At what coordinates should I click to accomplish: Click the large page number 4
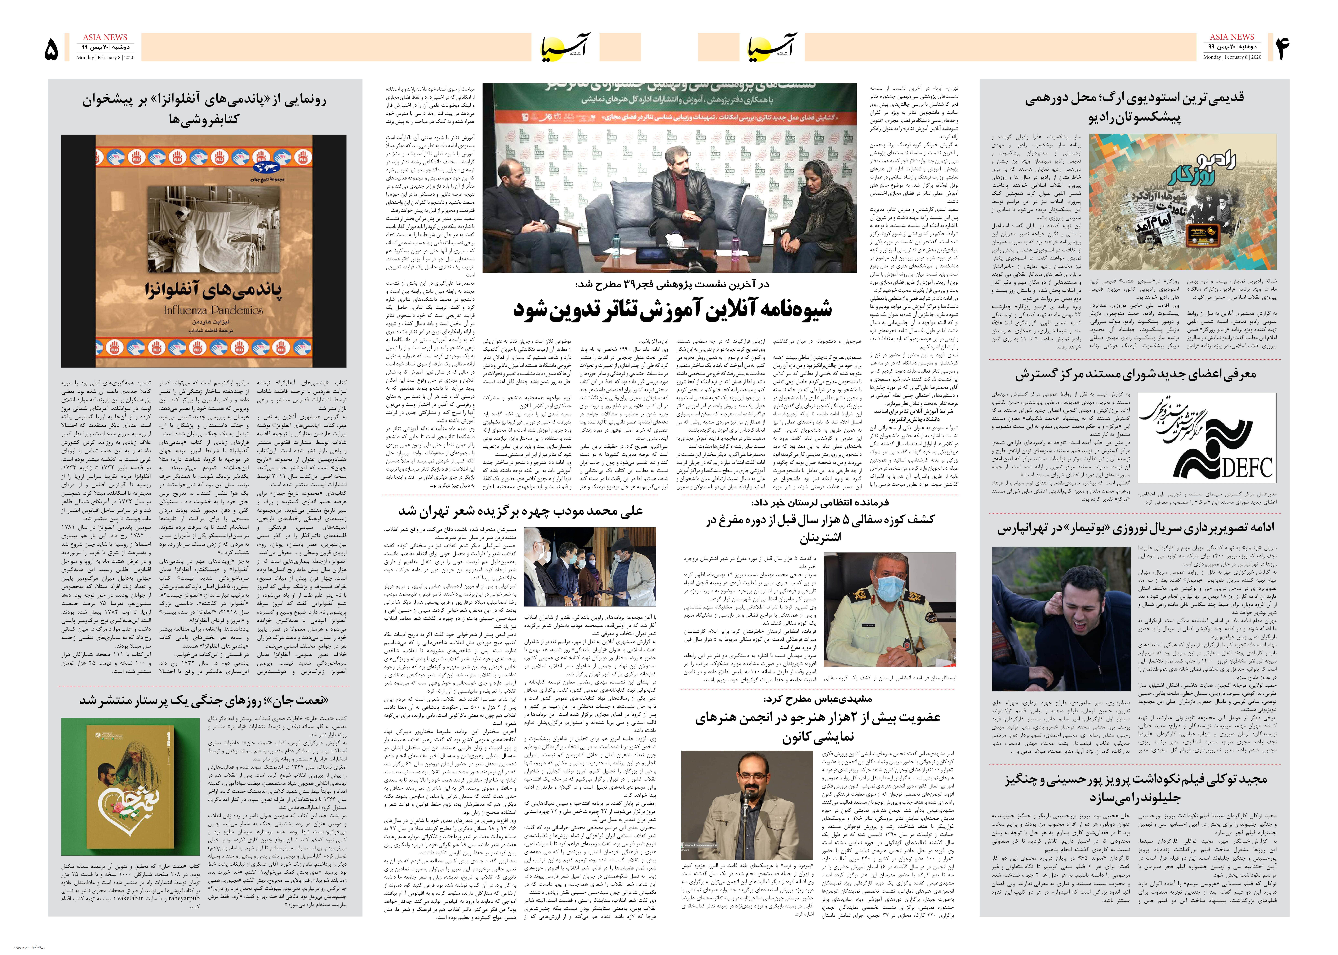1282,48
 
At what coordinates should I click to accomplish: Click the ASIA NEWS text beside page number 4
1232,36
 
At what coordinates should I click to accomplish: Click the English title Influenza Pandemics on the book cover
213,310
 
